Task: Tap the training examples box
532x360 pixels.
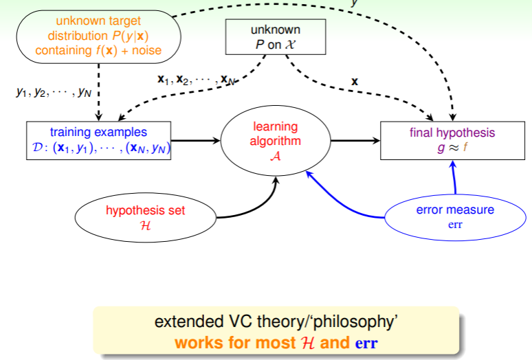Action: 98,140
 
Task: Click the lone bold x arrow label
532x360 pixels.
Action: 355,81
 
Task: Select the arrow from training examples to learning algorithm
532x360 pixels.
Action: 195,141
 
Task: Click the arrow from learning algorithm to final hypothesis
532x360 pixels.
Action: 355,141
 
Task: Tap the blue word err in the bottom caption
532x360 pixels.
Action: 365,341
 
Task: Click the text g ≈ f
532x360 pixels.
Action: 452,147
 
